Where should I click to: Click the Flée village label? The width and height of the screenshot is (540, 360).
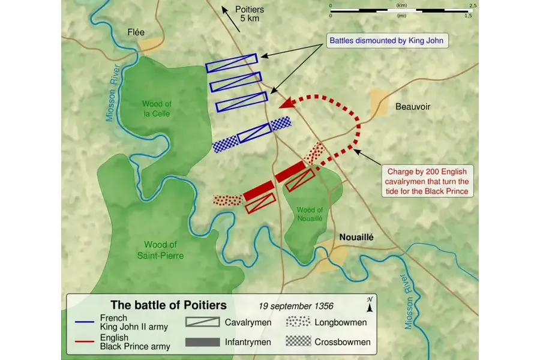coord(135,32)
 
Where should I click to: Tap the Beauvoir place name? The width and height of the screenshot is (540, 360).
coord(413,107)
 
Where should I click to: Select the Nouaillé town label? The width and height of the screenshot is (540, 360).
coord(356,237)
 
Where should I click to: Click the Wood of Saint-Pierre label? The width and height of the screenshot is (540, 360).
coord(160,250)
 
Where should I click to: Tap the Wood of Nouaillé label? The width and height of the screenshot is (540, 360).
coord(310,214)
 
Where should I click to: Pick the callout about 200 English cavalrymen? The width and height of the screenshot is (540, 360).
coord(428,181)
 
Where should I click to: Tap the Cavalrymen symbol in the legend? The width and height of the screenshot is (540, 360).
coord(202,323)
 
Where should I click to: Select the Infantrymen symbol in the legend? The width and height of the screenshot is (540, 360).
coord(202,342)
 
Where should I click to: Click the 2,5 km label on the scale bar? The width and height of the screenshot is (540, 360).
coord(473,5)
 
